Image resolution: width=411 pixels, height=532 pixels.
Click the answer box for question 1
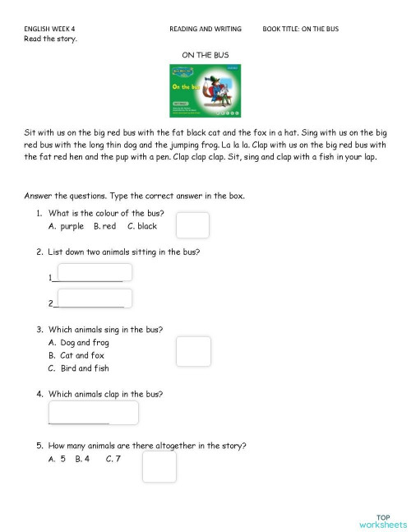192,224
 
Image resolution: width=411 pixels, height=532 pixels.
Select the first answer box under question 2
95,273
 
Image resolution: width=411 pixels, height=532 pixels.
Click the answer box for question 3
193,351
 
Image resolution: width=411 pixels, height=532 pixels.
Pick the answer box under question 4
93,412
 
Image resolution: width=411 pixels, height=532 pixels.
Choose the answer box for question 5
159,466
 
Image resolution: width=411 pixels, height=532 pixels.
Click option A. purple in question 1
67,226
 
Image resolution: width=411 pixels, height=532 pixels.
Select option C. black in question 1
142,226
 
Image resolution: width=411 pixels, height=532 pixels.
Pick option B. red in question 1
104,226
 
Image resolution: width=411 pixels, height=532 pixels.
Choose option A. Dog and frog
79,342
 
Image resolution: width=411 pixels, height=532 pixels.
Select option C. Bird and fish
79,368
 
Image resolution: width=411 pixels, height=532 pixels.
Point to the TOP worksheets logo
382,520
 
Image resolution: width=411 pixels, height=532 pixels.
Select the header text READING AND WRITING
205,29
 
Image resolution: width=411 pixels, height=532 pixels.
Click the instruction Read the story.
51,39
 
